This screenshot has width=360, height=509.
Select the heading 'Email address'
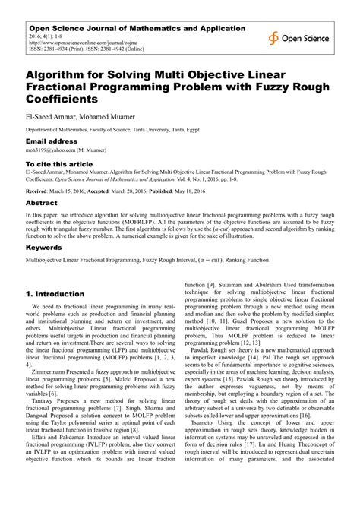52,142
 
